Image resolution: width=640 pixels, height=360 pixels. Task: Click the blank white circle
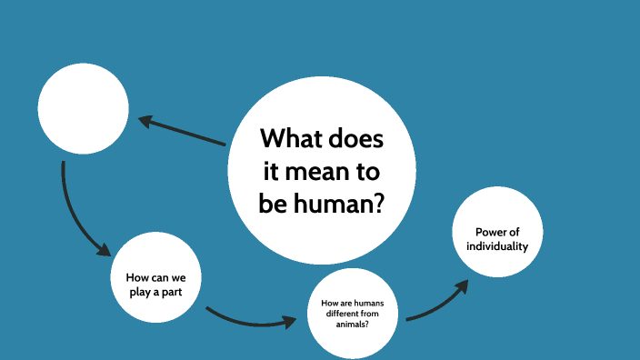click(83, 109)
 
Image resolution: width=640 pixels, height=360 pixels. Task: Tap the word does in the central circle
click(356, 141)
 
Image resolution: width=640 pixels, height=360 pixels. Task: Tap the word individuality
click(496, 246)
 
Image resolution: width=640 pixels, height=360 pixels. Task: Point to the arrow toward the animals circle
click(250, 321)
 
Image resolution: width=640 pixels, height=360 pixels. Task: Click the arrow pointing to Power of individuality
click(436, 305)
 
